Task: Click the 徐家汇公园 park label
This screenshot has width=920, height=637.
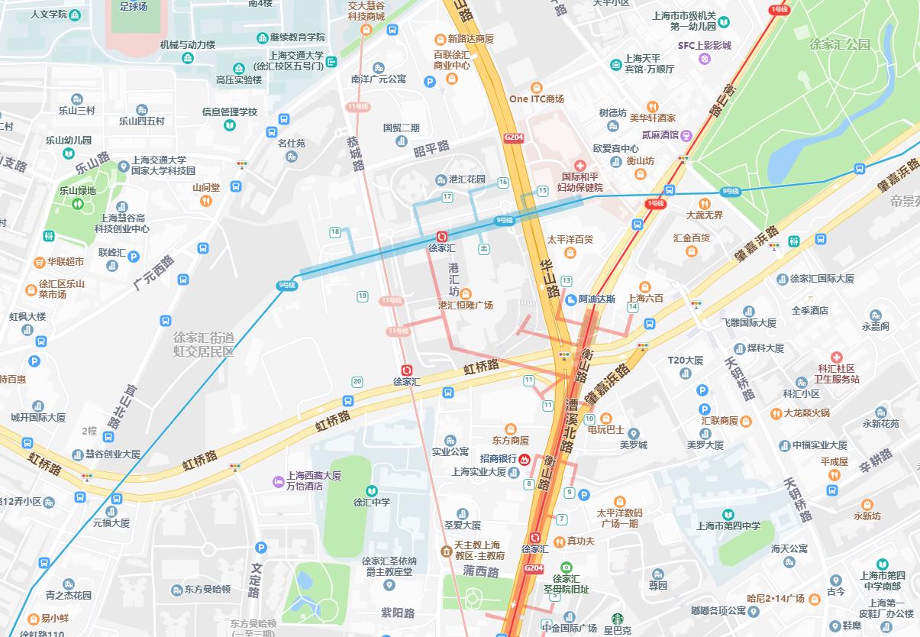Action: coord(840,44)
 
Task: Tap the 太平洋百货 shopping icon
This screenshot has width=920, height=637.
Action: coord(570,253)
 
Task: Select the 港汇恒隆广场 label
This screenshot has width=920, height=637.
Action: coord(466,305)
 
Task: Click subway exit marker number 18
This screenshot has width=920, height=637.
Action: coord(335,232)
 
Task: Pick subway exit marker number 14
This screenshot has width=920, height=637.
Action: coord(632,306)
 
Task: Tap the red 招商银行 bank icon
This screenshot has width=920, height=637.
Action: coord(525,459)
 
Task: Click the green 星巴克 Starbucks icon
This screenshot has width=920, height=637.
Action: coord(617,619)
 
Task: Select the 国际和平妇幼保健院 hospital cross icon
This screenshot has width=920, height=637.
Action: coord(579,166)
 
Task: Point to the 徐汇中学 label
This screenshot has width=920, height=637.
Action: coord(371,502)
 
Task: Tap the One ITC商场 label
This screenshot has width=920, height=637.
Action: coord(536,99)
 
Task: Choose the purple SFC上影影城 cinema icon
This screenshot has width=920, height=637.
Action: coord(705,58)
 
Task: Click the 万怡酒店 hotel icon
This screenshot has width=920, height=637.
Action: coord(279,481)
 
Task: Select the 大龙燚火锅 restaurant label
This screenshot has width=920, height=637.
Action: coord(806,413)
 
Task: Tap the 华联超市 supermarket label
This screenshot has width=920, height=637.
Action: coord(66,261)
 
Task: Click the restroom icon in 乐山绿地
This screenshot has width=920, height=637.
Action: coord(77,204)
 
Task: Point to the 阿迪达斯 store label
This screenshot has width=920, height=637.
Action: coord(596,299)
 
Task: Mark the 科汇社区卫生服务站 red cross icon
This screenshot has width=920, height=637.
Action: coord(837,357)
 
